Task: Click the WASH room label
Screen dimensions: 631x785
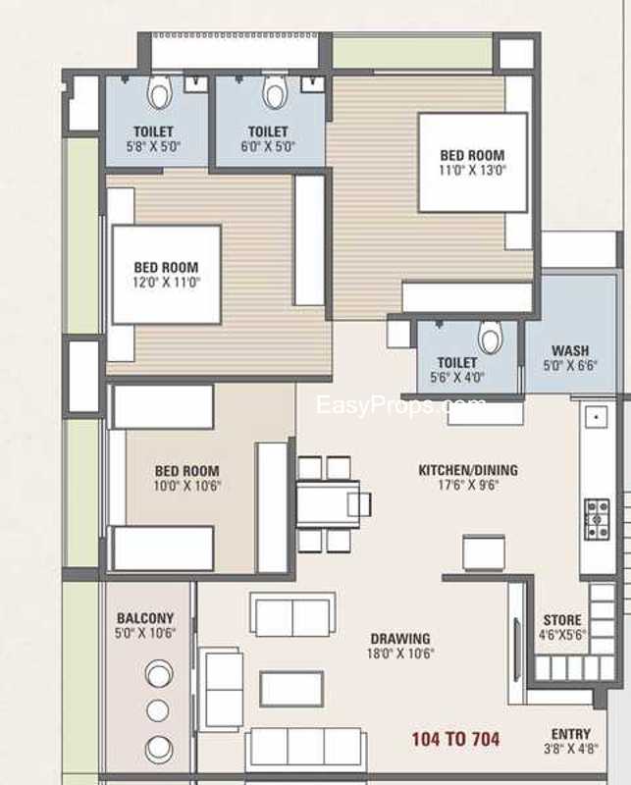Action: click(570, 350)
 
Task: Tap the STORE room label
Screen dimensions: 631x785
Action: click(562, 620)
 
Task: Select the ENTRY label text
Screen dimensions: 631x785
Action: click(571, 734)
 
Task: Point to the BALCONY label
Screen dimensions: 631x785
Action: click(145, 618)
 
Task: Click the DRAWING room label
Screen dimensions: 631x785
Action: click(400, 639)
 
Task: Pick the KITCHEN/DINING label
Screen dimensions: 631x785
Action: click(468, 470)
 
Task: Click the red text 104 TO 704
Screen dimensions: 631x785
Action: click(455, 739)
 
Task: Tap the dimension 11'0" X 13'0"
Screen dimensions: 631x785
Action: click(473, 170)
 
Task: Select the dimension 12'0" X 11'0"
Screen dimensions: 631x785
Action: click(166, 283)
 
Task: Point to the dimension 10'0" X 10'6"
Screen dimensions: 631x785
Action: click(187, 486)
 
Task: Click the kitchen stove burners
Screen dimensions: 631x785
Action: click(597, 519)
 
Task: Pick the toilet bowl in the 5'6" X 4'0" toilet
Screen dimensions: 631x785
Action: click(490, 337)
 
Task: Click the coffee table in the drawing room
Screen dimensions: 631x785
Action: click(291, 689)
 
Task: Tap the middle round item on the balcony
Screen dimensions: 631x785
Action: click(158, 709)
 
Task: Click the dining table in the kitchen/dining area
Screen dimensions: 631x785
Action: click(328, 503)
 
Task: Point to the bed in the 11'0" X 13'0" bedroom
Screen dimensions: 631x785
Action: click(473, 163)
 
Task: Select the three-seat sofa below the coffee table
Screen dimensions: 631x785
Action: click(306, 749)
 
